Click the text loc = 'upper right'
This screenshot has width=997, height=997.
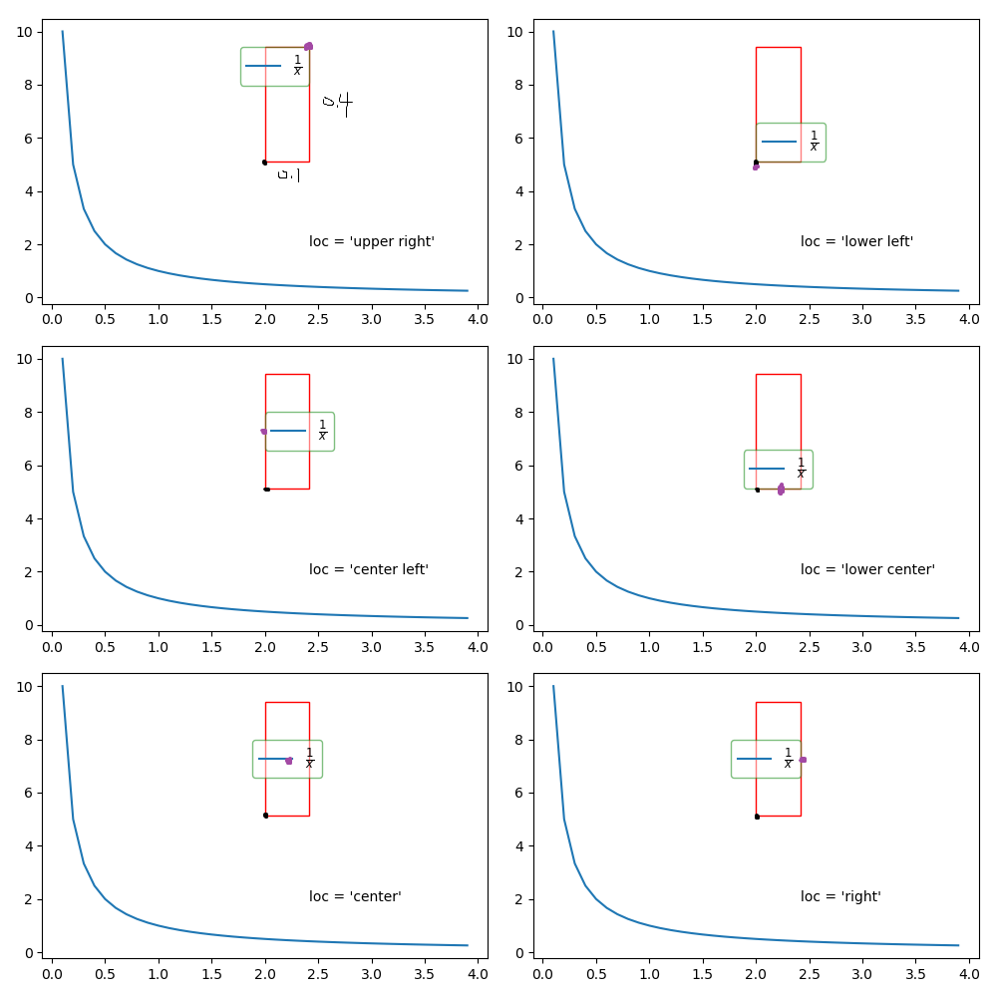pos(372,241)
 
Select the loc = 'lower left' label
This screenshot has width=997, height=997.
pos(856,241)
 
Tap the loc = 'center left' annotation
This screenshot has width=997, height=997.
pos(369,569)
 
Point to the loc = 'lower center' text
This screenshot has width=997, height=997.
pos(867,569)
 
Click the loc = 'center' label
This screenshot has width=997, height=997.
pos(355,896)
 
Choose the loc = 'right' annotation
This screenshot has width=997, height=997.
pos(840,896)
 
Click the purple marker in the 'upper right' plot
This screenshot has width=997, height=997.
pos(308,46)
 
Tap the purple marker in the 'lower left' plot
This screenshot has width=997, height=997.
pos(756,166)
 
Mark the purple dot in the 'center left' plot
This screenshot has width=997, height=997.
pos(264,431)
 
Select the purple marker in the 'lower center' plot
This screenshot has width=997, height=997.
pos(781,489)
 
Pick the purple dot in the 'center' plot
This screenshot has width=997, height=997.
pos(289,760)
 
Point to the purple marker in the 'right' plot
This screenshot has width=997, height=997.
pos(803,760)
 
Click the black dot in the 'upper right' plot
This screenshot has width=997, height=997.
pos(264,162)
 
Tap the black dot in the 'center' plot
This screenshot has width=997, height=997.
pos(265,816)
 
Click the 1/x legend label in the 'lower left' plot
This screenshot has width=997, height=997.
pos(814,143)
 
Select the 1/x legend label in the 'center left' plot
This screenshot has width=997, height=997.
pos(322,431)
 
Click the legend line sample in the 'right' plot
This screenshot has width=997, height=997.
pos(754,759)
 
